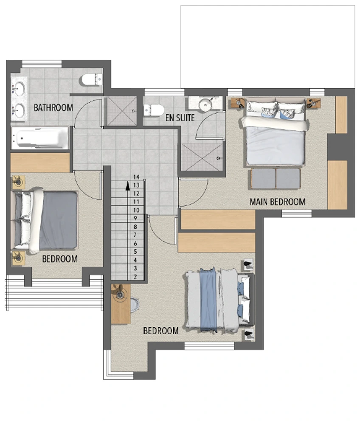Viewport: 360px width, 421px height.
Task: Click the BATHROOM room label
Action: click(x=53, y=108)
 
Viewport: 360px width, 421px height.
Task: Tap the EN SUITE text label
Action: click(x=180, y=118)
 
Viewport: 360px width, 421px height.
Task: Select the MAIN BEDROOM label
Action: click(x=278, y=202)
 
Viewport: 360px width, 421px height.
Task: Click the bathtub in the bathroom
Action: click(x=40, y=138)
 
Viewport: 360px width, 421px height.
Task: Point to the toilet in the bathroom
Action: click(x=92, y=80)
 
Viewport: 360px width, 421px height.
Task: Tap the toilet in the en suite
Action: click(x=154, y=110)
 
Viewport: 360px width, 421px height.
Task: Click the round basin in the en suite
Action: click(x=206, y=104)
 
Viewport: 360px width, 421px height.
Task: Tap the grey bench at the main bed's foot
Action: click(x=276, y=178)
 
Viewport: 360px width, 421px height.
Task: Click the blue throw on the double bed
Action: click(x=208, y=299)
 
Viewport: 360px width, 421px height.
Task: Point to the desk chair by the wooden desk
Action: click(x=135, y=304)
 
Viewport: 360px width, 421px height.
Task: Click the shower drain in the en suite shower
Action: click(x=219, y=158)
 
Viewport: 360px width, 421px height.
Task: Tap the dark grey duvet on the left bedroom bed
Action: click(x=58, y=220)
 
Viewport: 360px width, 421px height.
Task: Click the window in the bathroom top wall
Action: click(x=42, y=64)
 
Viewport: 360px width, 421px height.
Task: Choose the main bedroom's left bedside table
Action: click(x=238, y=103)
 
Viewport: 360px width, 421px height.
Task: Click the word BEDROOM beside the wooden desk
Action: click(x=160, y=331)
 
